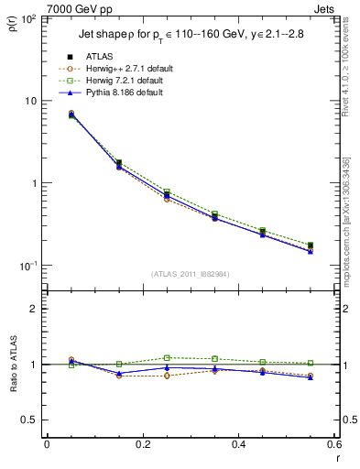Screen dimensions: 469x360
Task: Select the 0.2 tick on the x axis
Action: [x=142, y=445]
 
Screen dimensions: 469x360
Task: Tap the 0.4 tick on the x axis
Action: [x=238, y=445]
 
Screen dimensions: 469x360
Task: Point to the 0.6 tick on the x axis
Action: [x=333, y=445]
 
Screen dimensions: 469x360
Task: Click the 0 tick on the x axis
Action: [x=47, y=445]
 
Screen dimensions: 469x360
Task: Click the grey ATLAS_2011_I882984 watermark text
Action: [x=189, y=273]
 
